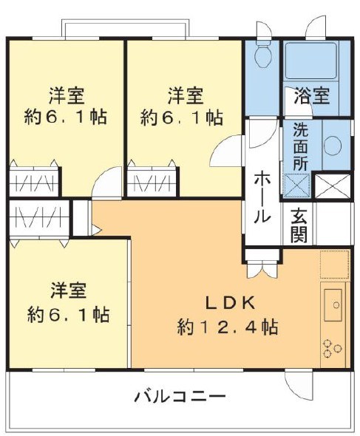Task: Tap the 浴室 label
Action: pyautogui.click(x=311, y=95)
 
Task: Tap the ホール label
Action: pyautogui.click(x=262, y=197)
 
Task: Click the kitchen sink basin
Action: pyautogui.click(x=333, y=304)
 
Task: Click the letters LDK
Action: pyautogui.click(x=230, y=302)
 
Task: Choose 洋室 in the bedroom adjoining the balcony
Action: pyautogui.click(x=69, y=289)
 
